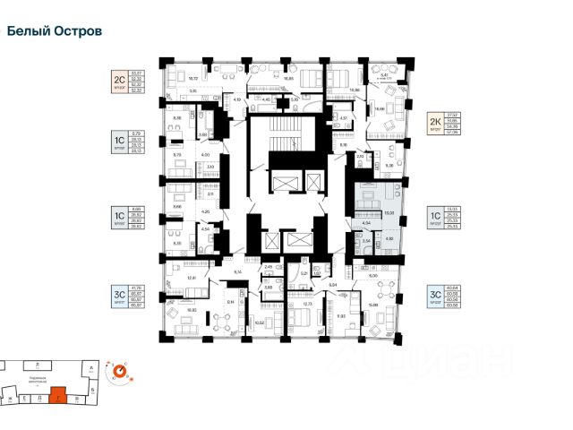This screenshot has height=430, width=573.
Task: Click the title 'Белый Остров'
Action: click(54, 30)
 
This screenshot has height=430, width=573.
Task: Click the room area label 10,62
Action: click(260, 322)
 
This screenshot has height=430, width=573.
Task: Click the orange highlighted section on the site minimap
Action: click(59, 394)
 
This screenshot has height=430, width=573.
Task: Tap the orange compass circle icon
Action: click(117, 369)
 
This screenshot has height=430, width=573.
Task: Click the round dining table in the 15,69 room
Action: click(385, 293)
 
